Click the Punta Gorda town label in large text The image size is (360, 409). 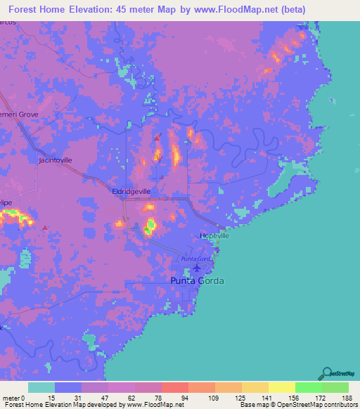point(198,281)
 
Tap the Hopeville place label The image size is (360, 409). point(214,236)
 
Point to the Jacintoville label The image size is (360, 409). point(55,160)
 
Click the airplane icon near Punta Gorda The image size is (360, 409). point(197,267)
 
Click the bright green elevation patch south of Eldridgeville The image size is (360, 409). point(150,226)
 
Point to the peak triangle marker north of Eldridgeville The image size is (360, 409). point(156,138)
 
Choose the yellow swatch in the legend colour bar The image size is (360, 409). point(281,387)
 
